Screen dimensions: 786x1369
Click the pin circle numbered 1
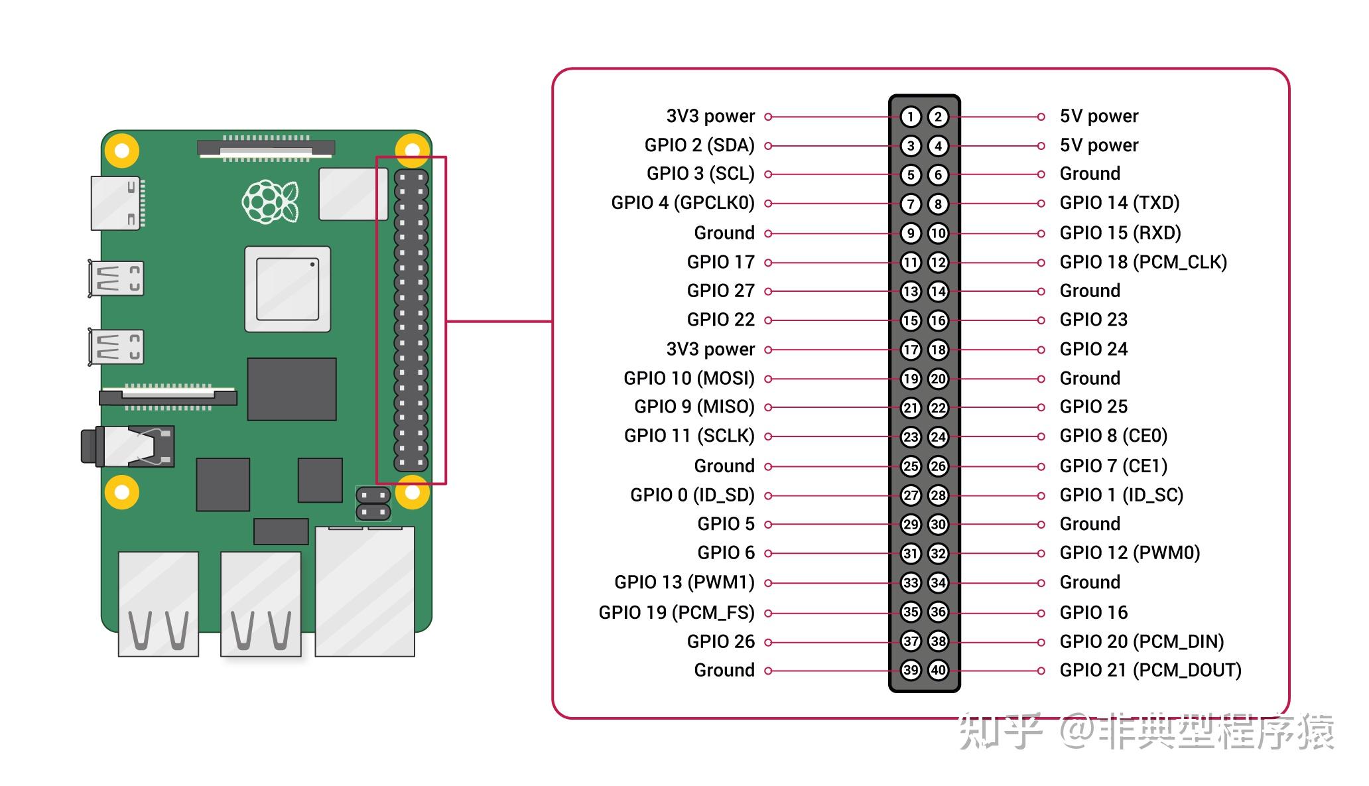point(911,117)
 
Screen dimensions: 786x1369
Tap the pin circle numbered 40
point(938,670)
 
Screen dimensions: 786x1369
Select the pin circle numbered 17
point(911,350)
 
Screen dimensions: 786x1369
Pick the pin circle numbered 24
point(938,436)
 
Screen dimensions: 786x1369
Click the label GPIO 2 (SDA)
point(699,145)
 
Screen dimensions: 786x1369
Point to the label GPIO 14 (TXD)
point(1119,203)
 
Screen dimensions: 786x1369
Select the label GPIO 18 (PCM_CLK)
point(1143,262)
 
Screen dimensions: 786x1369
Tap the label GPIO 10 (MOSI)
point(688,379)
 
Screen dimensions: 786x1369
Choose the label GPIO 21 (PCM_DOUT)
point(1150,670)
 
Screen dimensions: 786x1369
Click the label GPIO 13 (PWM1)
point(684,582)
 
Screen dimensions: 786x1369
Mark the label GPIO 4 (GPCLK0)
point(683,203)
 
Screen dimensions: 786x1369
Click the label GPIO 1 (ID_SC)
point(1121,495)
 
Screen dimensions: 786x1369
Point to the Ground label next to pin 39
point(724,670)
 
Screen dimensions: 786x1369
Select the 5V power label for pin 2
point(1098,117)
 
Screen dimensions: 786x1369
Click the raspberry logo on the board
point(269,201)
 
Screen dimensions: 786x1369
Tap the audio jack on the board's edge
point(126,446)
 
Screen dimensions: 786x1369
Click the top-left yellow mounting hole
point(122,151)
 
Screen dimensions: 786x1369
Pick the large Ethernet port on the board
point(364,590)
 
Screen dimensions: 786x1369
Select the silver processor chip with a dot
point(287,289)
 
